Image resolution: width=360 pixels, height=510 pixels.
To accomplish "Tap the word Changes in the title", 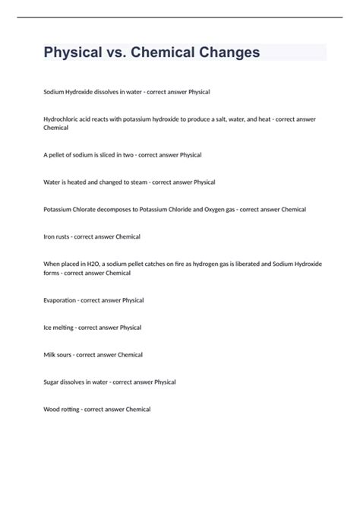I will [227, 52].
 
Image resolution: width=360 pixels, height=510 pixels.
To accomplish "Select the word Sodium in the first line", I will [55, 91].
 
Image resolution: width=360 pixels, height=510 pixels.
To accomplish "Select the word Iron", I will [51, 236].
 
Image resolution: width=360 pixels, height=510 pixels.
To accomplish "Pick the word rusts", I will [66, 236].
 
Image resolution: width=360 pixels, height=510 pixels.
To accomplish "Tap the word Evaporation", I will [62, 300].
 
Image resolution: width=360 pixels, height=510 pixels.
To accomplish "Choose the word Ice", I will [49, 328].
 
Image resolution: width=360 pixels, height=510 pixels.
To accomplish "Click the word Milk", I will [51, 355].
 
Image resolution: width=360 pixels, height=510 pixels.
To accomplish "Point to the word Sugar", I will [54, 382].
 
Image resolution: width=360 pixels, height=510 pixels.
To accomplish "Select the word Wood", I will [52, 410].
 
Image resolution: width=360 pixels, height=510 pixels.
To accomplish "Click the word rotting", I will [72, 410].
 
